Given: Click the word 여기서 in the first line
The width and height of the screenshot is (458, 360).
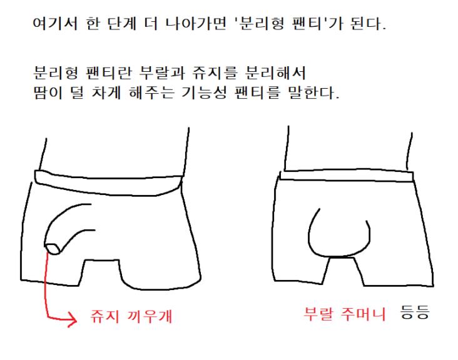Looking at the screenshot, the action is click(55, 24).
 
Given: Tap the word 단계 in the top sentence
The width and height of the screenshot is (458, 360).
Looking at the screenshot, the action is click(122, 24).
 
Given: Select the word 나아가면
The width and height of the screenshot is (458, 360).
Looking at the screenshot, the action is click(196, 24).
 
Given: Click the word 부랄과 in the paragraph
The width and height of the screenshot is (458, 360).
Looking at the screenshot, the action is click(162, 72).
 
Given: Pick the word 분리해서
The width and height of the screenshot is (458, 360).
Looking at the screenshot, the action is click(275, 72).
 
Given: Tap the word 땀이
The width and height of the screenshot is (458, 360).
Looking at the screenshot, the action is click(48, 92).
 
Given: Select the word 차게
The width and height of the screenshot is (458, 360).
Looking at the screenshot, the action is click(106, 92).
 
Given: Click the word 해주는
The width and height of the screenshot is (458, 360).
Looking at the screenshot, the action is click(151, 92).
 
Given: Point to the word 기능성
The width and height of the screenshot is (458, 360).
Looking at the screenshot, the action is click(204, 92).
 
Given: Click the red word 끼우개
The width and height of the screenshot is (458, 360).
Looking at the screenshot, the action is click(150, 316).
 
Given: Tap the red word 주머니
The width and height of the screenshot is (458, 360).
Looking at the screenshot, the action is click(363, 314).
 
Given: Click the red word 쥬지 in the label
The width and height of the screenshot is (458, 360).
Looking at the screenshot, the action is click(104, 316).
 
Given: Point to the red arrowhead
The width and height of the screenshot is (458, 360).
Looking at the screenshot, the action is click(72, 320).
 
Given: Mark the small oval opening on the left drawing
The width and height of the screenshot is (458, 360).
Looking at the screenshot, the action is click(53, 249).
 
